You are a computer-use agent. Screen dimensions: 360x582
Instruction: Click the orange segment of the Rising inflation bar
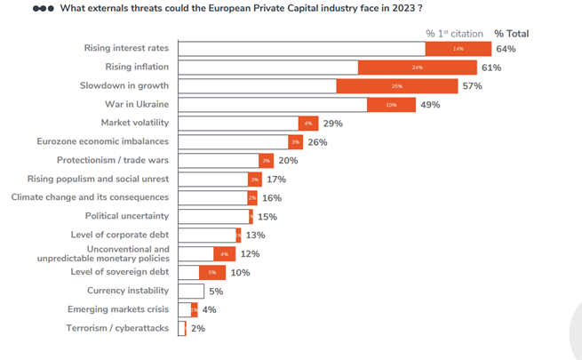[x=416, y=68]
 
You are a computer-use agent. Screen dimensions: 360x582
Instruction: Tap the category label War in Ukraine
[x=138, y=105]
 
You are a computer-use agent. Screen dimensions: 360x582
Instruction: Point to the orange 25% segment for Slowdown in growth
[x=396, y=86]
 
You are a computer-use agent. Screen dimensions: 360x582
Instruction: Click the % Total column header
[x=511, y=34]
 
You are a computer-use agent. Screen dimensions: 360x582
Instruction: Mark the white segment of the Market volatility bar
[x=238, y=124]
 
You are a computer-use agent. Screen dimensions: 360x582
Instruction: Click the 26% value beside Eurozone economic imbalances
[x=317, y=142]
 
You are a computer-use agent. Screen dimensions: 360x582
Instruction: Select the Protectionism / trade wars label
[x=113, y=161]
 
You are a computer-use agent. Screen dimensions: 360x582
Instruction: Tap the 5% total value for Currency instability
[x=216, y=292]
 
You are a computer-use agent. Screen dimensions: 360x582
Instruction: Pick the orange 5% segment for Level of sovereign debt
[x=212, y=273]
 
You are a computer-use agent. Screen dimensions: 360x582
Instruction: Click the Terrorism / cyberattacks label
[x=119, y=329]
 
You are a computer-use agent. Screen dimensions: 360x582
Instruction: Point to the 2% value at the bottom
[x=197, y=329]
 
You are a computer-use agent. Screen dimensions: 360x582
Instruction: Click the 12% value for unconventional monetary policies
[x=250, y=254]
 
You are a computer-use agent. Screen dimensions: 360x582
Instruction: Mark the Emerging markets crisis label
[x=118, y=310]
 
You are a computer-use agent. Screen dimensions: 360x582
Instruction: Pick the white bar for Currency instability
[x=191, y=292]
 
